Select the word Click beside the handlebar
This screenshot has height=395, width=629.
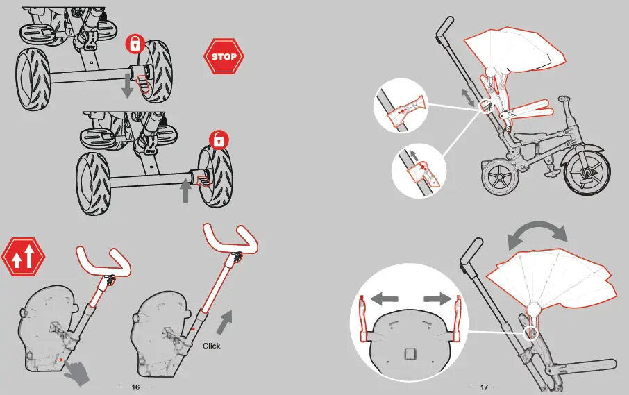click(x=212, y=345)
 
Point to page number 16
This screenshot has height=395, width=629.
click(x=135, y=386)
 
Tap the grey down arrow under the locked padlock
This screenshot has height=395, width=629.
click(x=127, y=86)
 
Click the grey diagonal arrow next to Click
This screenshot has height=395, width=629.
click(x=225, y=323)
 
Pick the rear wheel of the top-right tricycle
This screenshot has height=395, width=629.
click(x=499, y=177)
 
